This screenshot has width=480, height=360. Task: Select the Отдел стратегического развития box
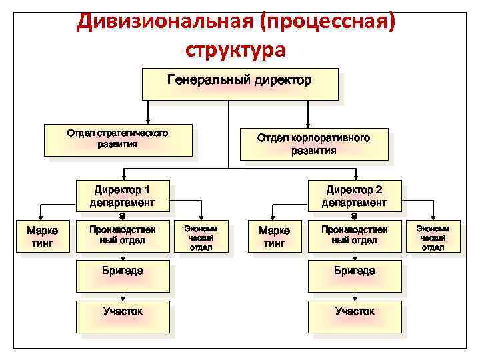click(120, 140)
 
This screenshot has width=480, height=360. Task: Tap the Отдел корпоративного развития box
click(313, 143)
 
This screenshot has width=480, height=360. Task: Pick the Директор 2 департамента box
click(354, 197)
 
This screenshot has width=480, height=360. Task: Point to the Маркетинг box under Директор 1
click(42, 237)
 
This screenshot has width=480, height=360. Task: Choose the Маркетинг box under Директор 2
click(273, 237)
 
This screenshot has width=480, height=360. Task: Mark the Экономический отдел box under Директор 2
click(433, 237)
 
